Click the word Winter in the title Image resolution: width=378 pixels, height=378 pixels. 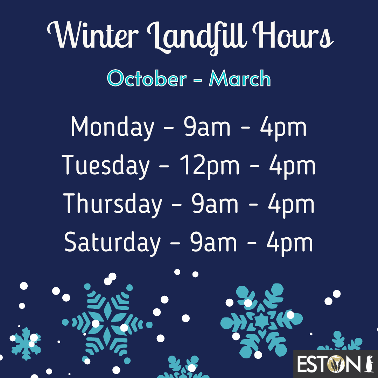pos(93,35)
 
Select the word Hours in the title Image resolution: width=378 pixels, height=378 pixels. pos(293,35)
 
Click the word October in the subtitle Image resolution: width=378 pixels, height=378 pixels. pos(147,78)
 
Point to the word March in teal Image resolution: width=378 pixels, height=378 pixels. pos(240,78)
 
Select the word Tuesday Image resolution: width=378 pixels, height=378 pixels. pos(106,166)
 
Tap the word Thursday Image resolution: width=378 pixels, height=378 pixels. pos(112,205)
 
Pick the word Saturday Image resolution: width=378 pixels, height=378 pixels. pos(112,243)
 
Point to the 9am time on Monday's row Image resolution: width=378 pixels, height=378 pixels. pos(207,127)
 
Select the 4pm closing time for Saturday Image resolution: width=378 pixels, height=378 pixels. pos(289,244)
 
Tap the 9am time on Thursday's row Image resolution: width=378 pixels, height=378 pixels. pos(215,204)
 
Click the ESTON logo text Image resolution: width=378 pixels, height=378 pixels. pos(331,364)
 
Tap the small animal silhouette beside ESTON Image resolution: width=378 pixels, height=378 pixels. pos(369,364)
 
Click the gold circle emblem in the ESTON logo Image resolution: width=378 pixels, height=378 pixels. pos(338,364)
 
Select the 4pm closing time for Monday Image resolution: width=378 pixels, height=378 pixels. pos(283,128)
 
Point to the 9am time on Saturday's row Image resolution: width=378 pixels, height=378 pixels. pos(213,243)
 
